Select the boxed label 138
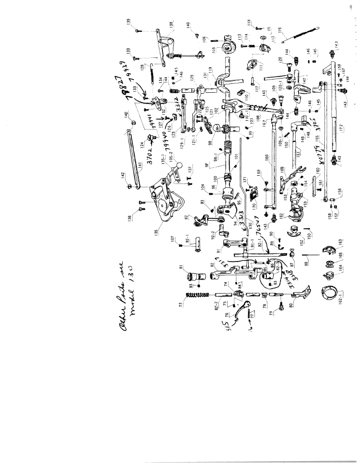(171, 25)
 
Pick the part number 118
(250, 23)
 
